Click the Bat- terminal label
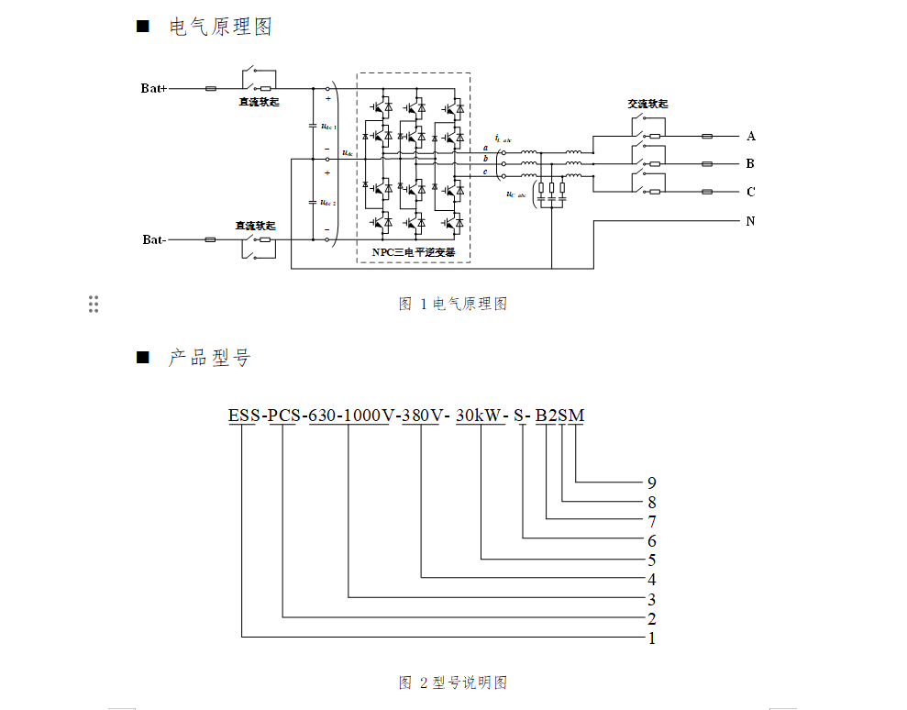(154, 239)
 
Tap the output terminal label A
(751, 137)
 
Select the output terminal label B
(750, 164)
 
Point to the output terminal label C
(750, 193)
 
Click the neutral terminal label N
(750, 221)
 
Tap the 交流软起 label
(647, 104)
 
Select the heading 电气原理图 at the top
(220, 28)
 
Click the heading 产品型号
(209, 358)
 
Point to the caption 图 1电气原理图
(453, 305)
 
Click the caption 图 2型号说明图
(453, 682)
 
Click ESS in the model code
(244, 416)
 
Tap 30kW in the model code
(480, 416)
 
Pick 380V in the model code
(422, 416)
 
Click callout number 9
(651, 483)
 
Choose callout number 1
(652, 638)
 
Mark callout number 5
(651, 560)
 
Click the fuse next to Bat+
(210, 89)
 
